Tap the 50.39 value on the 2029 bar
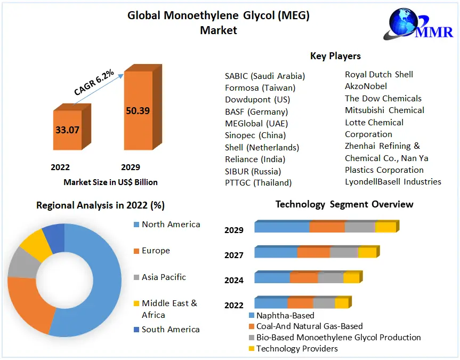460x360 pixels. (x=138, y=111)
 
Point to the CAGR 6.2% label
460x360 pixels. (x=94, y=84)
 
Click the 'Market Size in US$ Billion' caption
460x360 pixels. (x=110, y=182)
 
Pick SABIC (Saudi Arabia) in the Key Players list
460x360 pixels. (x=265, y=76)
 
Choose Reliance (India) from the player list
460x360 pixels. (x=255, y=159)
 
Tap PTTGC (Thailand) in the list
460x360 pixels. (x=258, y=182)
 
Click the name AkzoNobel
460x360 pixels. (x=366, y=86)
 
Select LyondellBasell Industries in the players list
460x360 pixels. (x=393, y=181)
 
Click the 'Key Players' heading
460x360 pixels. (x=335, y=56)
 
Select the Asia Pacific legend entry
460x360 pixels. (x=163, y=277)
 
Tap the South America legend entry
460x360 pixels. (x=170, y=329)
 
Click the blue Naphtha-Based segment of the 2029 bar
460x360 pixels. (x=281, y=227)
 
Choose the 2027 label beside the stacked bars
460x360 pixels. (x=234, y=255)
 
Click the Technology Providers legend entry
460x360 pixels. (x=296, y=348)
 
